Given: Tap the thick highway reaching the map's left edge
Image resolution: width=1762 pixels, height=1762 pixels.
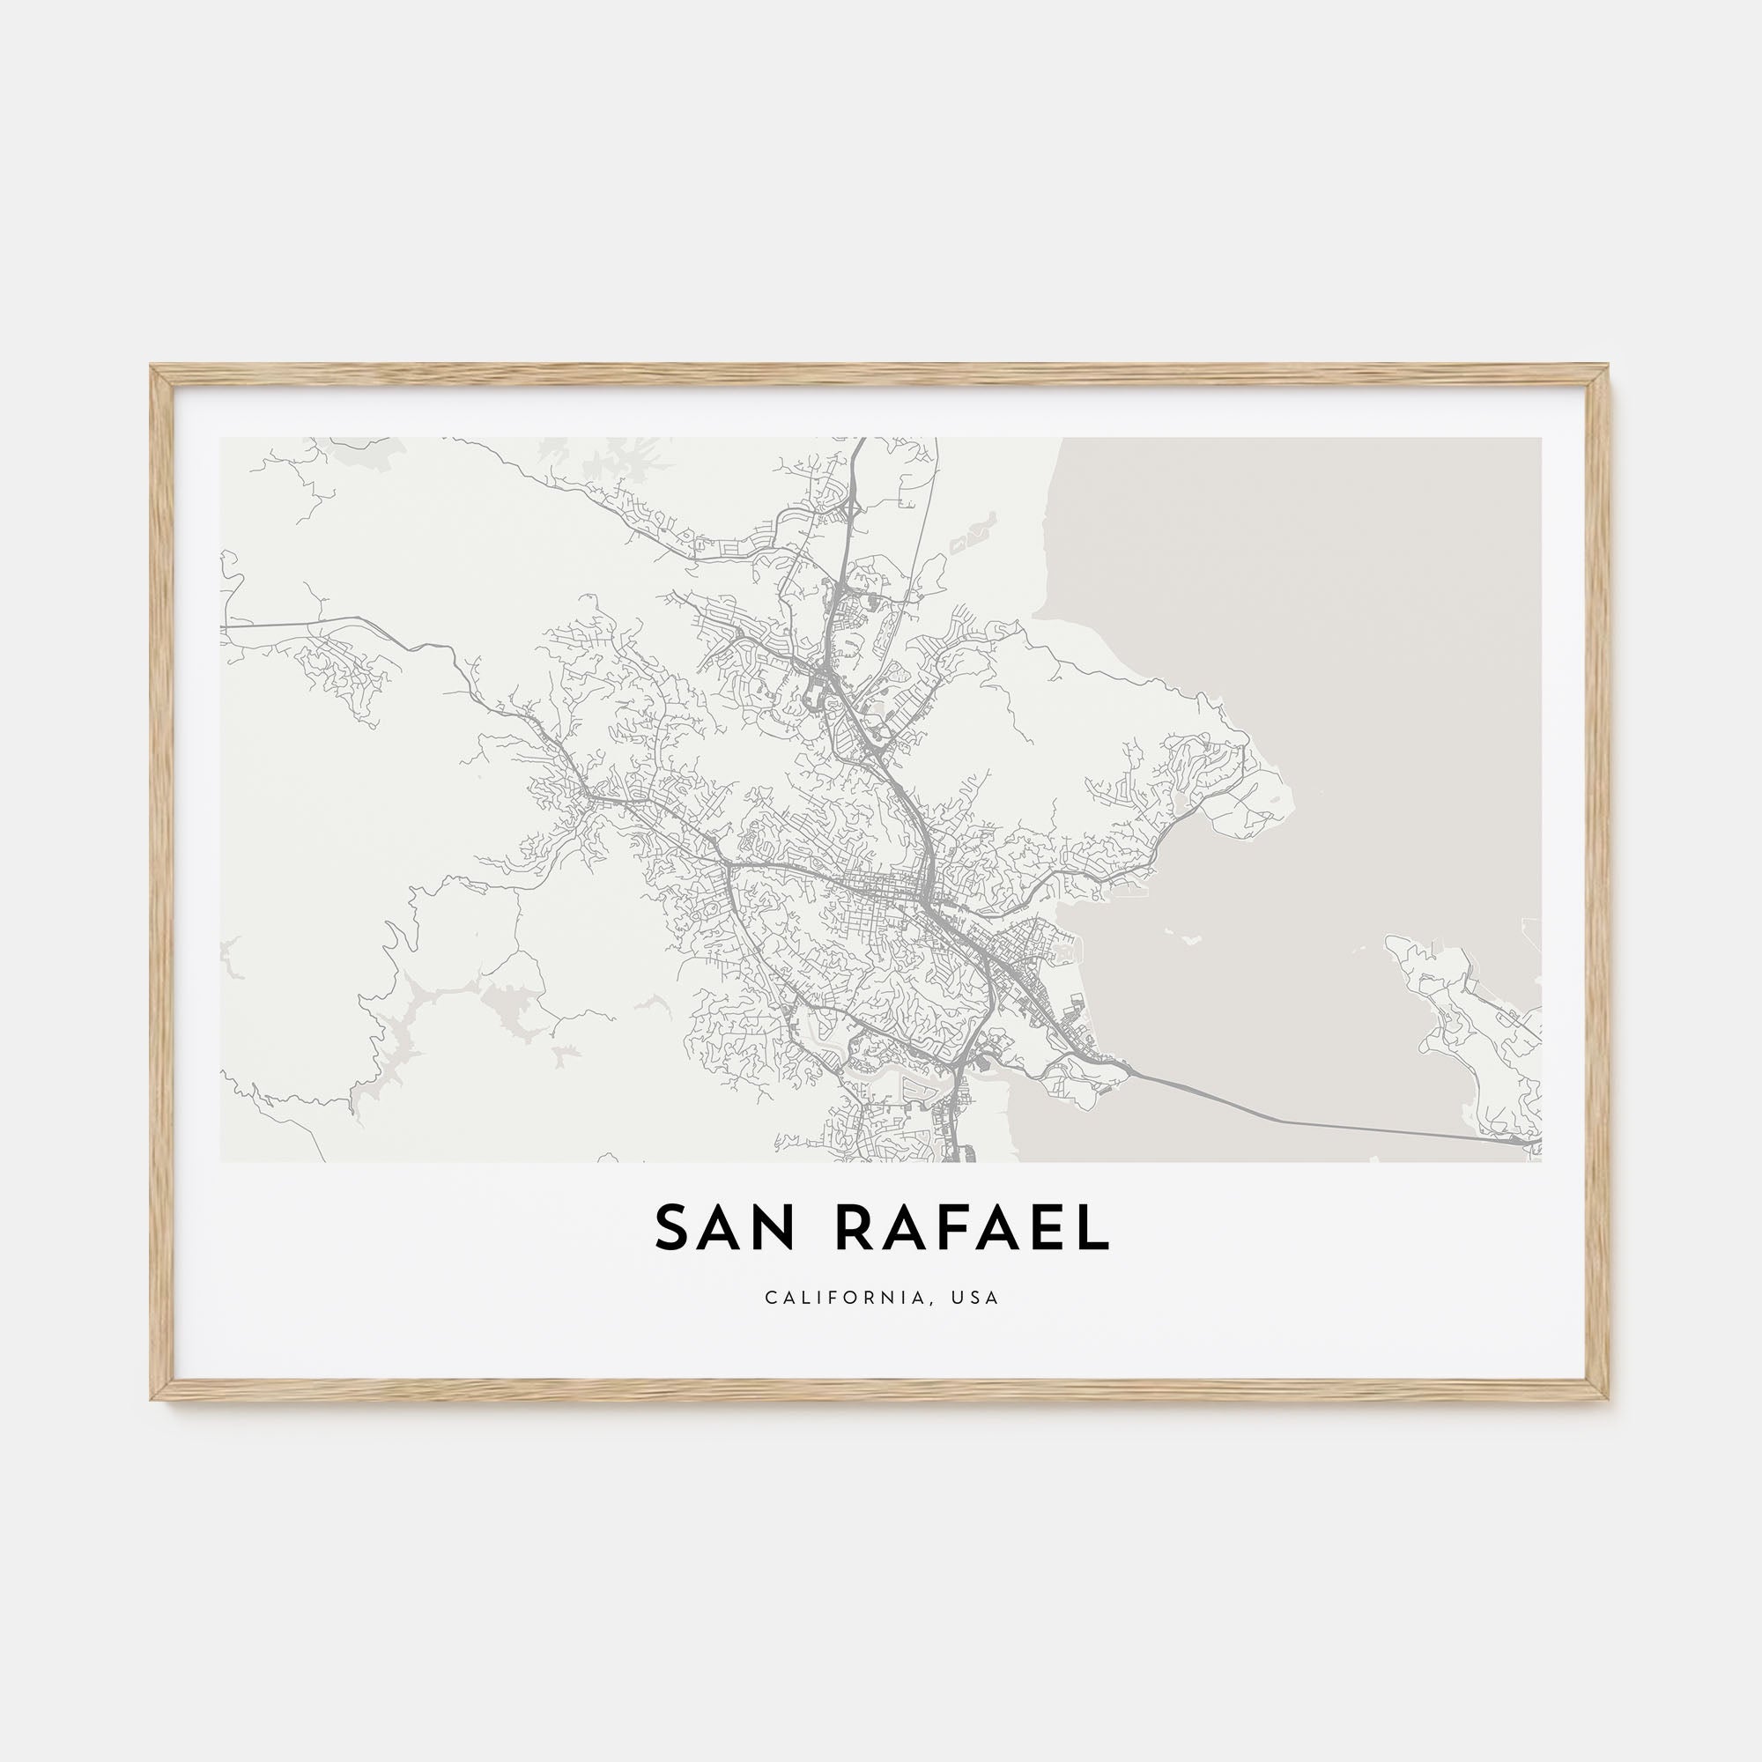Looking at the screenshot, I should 228,626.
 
